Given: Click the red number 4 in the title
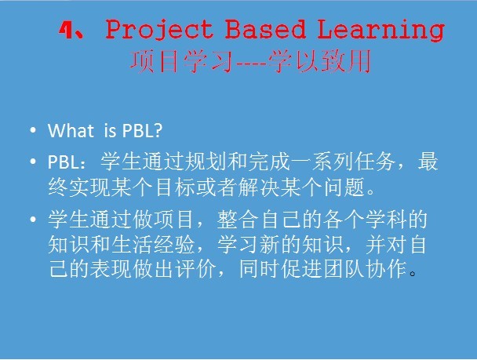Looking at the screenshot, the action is tap(66, 31).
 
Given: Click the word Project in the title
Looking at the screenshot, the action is tap(159, 31).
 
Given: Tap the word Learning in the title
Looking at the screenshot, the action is tap(381, 30).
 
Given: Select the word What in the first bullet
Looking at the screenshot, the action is tap(71, 131).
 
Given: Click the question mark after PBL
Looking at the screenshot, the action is tap(157, 131).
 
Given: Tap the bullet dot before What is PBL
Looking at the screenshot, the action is tap(33, 131).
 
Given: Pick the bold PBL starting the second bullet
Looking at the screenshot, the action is tap(63, 162).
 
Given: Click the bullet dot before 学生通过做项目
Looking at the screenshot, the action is tap(33, 220).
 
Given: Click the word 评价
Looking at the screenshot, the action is tap(195, 269).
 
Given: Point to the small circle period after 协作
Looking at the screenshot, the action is tap(413, 275).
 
